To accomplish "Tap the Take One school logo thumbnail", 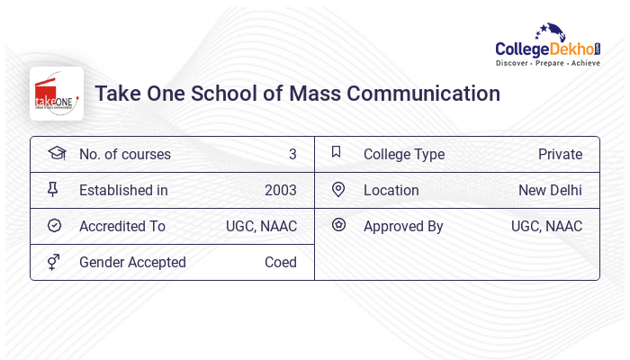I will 57,94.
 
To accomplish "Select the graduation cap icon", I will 56,153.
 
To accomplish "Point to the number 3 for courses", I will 292,154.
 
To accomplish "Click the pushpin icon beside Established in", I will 53,189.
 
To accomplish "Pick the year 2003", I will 280,190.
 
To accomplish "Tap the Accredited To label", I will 122,226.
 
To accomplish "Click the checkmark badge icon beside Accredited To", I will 54,225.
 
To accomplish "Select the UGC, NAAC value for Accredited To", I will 261,226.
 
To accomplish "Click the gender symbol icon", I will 54,262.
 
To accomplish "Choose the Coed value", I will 280,262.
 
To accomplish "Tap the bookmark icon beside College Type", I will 337,152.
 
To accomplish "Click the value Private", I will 560,154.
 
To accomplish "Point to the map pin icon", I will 338,189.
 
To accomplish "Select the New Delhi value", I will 550,190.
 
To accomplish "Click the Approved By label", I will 403,226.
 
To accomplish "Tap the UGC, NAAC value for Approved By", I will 546,226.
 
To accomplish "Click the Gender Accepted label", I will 132,262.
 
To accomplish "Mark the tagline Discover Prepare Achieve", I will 548,64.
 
